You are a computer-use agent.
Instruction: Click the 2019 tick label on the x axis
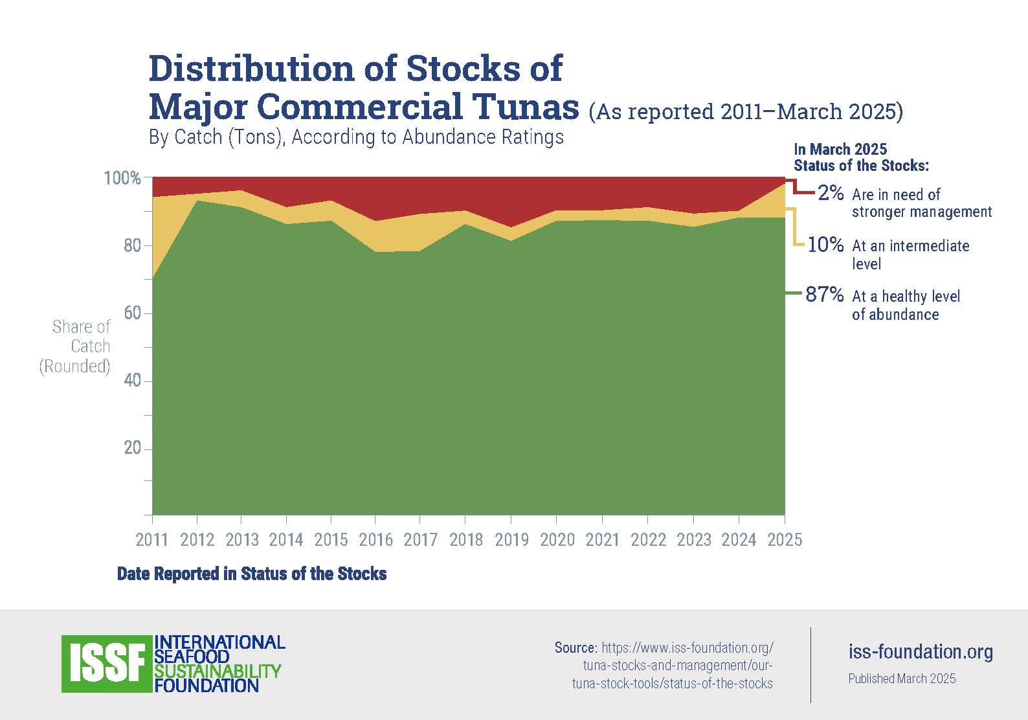pyautogui.click(x=511, y=539)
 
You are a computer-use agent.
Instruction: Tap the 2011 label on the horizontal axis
pyautogui.click(x=152, y=539)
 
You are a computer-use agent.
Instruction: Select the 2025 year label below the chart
pyautogui.click(x=785, y=539)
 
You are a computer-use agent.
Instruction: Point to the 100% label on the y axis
pyautogui.click(x=122, y=178)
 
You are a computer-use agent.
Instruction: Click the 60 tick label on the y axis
pyautogui.click(x=132, y=313)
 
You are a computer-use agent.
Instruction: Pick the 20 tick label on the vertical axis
pyautogui.click(x=132, y=448)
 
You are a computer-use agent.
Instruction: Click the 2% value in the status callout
pyautogui.click(x=831, y=193)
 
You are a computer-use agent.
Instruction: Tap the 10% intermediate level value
pyautogui.click(x=826, y=245)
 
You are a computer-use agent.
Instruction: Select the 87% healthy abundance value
pyautogui.click(x=825, y=295)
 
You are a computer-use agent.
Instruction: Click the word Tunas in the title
pyautogui.click(x=525, y=107)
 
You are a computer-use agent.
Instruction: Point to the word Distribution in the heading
pyautogui.click(x=252, y=69)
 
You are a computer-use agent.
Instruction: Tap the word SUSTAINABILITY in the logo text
pyautogui.click(x=218, y=671)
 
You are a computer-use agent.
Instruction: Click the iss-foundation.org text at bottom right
pyautogui.click(x=921, y=651)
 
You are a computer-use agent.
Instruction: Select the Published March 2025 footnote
pyautogui.click(x=902, y=679)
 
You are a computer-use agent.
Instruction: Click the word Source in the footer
pyautogui.click(x=575, y=647)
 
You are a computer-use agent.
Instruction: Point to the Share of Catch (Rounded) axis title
pyautogui.click(x=76, y=346)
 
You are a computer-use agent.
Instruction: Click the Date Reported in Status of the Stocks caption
pyautogui.click(x=252, y=574)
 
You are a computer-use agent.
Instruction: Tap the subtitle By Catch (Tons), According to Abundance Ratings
pyautogui.click(x=356, y=137)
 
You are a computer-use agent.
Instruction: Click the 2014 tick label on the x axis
pyautogui.click(x=286, y=539)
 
